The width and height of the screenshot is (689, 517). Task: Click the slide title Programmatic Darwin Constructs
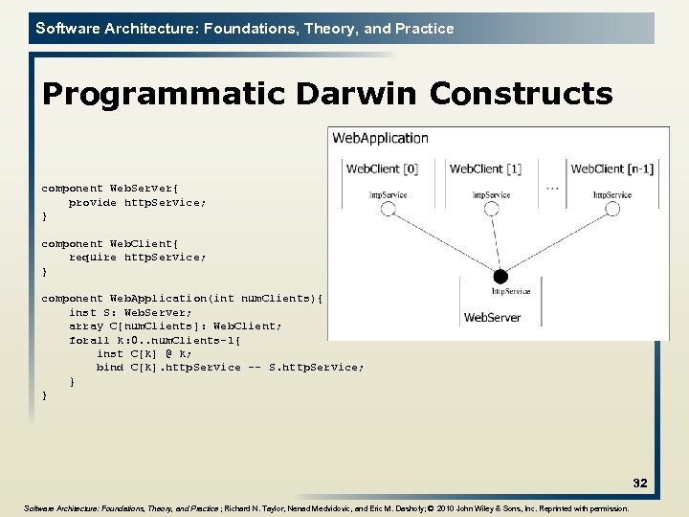click(327, 95)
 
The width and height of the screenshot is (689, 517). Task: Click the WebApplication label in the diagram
click(380, 138)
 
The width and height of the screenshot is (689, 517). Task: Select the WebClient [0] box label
click(382, 169)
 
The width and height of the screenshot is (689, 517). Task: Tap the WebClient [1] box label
click(485, 169)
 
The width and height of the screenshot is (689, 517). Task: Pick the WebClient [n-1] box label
click(611, 169)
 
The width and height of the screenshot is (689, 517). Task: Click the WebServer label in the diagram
click(493, 317)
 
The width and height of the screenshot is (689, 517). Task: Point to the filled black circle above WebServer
click(499, 277)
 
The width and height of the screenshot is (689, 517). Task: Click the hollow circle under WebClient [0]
click(388, 209)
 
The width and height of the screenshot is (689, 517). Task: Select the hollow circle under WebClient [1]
click(491, 209)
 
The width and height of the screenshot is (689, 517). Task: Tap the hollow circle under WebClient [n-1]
click(612, 209)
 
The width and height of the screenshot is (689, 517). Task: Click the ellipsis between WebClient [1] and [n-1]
click(552, 189)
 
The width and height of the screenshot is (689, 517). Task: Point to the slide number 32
click(639, 483)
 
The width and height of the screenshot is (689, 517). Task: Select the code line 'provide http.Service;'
click(137, 203)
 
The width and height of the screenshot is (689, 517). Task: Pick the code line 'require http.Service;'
click(137, 258)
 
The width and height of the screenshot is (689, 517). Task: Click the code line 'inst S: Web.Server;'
click(130, 312)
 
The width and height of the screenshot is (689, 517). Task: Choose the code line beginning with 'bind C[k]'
click(230, 368)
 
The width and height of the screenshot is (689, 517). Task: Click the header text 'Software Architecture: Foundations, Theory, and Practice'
click(245, 29)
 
